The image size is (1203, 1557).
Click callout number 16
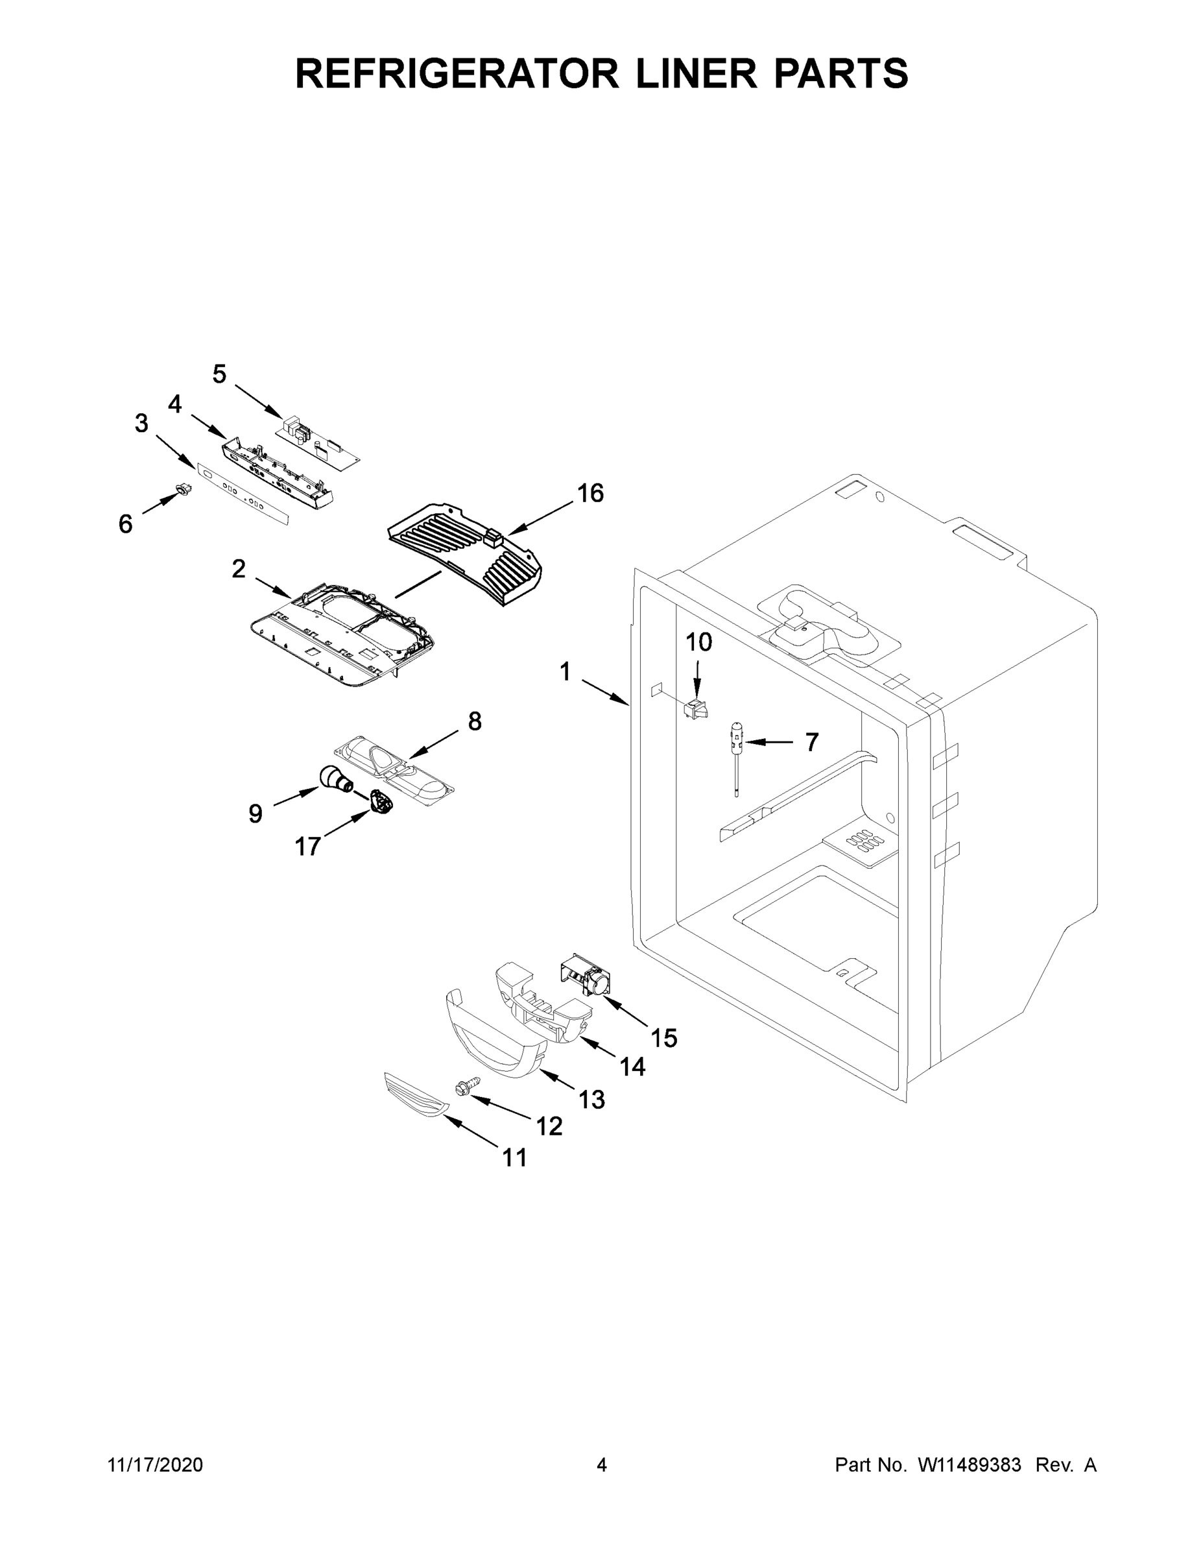(590, 492)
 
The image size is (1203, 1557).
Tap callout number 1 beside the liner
(565, 671)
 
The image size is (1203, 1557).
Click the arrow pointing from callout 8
(433, 744)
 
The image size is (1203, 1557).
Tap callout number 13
(591, 1100)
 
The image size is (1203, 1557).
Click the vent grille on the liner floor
(863, 842)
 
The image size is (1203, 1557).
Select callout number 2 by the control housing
(239, 568)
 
